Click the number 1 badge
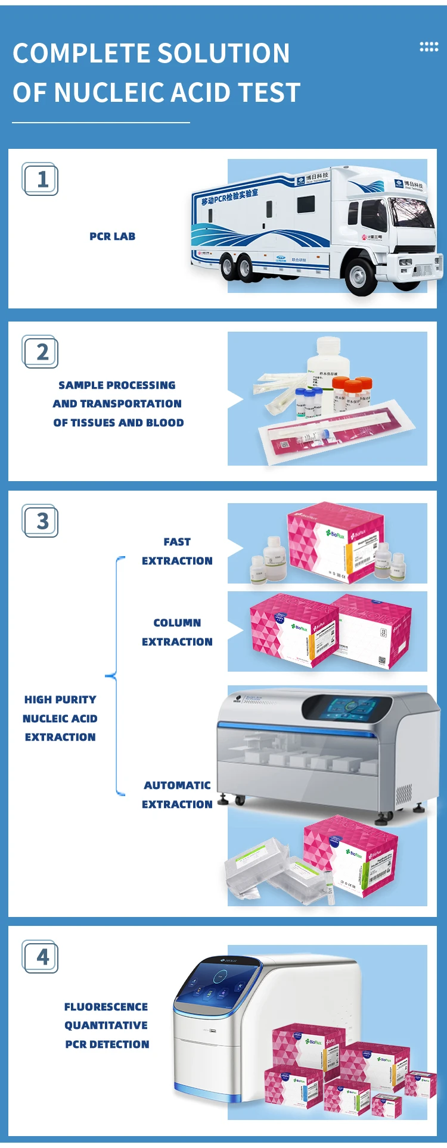click(41, 179)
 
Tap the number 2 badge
click(41, 351)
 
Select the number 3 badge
click(41, 521)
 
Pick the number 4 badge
click(41, 956)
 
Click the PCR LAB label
click(112, 236)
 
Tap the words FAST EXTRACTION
click(177, 551)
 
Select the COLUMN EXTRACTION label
click(177, 632)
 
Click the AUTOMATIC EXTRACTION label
click(177, 795)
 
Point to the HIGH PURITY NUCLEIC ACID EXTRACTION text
click(60, 718)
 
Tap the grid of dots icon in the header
click(429, 47)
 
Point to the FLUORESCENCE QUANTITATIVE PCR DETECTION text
click(107, 1025)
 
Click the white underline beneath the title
click(101, 123)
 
